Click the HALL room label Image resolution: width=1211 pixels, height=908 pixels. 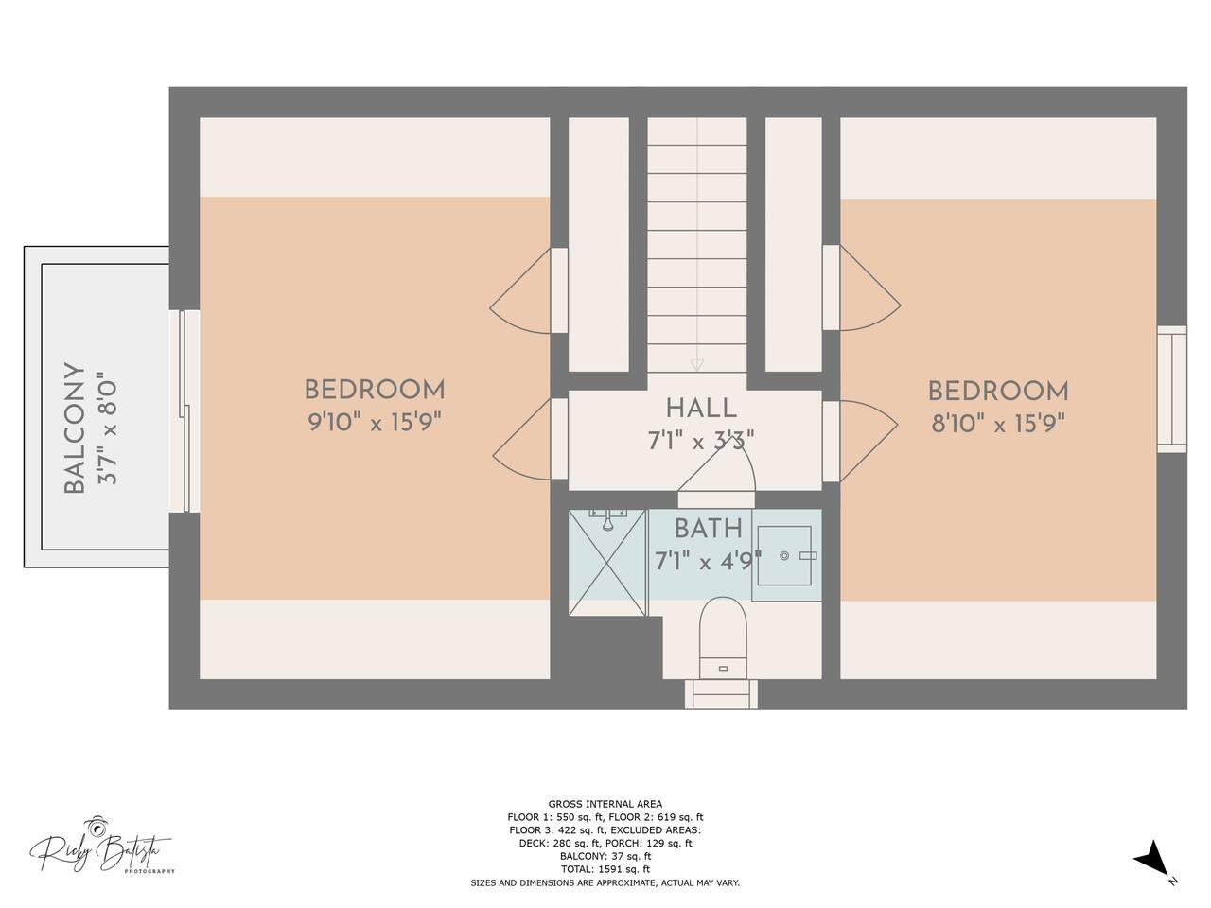(x=701, y=409)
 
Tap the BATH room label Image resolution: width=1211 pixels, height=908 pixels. (x=709, y=530)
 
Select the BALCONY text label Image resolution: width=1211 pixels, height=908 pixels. (x=75, y=428)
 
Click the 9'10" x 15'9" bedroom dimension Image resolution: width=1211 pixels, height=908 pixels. (x=375, y=424)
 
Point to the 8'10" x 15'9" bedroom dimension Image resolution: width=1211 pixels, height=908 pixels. (x=998, y=425)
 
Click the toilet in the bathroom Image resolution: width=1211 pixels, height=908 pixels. (x=723, y=637)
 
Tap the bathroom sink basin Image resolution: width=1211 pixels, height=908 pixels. (x=784, y=556)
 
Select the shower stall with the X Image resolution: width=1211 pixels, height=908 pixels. (x=606, y=563)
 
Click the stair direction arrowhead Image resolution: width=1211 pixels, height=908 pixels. (x=697, y=365)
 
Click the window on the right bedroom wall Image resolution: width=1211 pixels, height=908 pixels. (x=1171, y=390)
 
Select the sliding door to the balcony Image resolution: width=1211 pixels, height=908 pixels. (x=184, y=411)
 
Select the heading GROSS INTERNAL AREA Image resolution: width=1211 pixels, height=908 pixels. (x=605, y=804)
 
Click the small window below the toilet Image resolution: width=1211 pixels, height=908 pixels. (x=722, y=694)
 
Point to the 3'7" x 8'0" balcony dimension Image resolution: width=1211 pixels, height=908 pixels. (x=108, y=428)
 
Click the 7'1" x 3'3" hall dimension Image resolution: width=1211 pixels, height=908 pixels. (x=701, y=441)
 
